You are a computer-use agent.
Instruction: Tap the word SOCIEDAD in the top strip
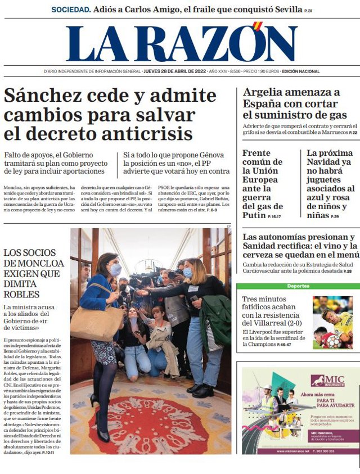pos(70,10)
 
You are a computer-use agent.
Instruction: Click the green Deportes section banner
pos(298,286)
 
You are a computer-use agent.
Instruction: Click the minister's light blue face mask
pos(115,270)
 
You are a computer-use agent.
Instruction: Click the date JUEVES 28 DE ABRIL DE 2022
pos(174,71)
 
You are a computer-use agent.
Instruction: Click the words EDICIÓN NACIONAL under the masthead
pos(300,71)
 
